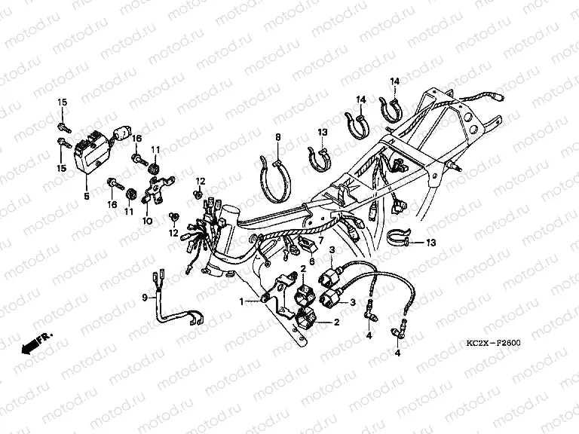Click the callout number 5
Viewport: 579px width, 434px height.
click(x=87, y=196)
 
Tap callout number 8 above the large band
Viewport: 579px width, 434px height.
click(x=278, y=137)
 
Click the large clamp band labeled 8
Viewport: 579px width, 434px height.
click(x=275, y=181)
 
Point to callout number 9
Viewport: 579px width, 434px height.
click(x=145, y=297)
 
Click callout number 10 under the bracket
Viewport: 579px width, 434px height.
click(x=147, y=221)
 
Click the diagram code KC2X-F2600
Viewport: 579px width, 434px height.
click(x=493, y=343)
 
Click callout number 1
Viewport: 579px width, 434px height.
click(x=241, y=302)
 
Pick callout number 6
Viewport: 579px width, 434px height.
click(x=312, y=261)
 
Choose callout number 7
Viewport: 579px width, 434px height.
click(x=320, y=240)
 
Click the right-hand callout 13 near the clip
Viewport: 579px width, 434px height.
click(x=431, y=243)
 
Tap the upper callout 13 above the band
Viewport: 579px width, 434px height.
click(x=323, y=132)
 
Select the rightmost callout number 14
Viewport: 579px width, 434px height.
click(x=395, y=81)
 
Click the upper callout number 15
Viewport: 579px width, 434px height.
click(x=62, y=102)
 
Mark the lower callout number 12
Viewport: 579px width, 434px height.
click(x=173, y=233)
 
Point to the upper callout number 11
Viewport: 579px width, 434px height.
click(x=155, y=149)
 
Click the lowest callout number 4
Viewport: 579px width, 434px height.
click(x=397, y=353)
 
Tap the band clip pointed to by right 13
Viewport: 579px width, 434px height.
click(x=398, y=237)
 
